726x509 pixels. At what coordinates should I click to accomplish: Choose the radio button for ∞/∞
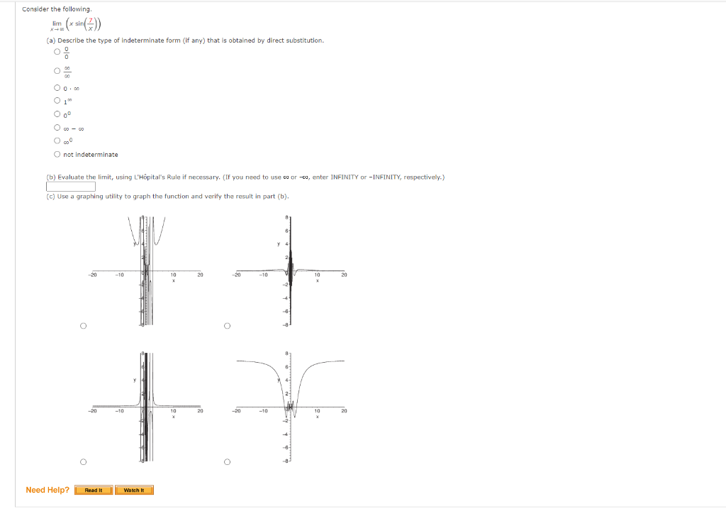[x=56, y=71]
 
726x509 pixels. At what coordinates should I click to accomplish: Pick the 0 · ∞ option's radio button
[x=56, y=88]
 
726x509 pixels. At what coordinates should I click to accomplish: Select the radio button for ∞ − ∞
[x=56, y=128]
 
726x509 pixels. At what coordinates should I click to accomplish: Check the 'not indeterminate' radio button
[x=56, y=154]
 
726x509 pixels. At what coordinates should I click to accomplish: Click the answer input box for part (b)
[x=71, y=187]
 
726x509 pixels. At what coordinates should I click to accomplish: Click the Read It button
[x=94, y=490]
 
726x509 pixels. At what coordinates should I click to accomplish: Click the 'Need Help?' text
[x=48, y=490]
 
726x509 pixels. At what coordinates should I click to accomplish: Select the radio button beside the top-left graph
[x=83, y=326]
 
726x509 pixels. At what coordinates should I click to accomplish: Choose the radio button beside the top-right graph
[x=227, y=326]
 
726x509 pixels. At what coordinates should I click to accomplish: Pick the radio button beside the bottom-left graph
[x=83, y=462]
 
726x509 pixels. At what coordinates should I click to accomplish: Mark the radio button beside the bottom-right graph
[x=227, y=462]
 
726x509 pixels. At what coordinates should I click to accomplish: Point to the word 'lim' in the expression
[x=57, y=23]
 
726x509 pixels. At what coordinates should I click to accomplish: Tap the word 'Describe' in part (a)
[x=70, y=40]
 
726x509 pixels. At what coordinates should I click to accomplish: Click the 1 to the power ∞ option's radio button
[x=56, y=102]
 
